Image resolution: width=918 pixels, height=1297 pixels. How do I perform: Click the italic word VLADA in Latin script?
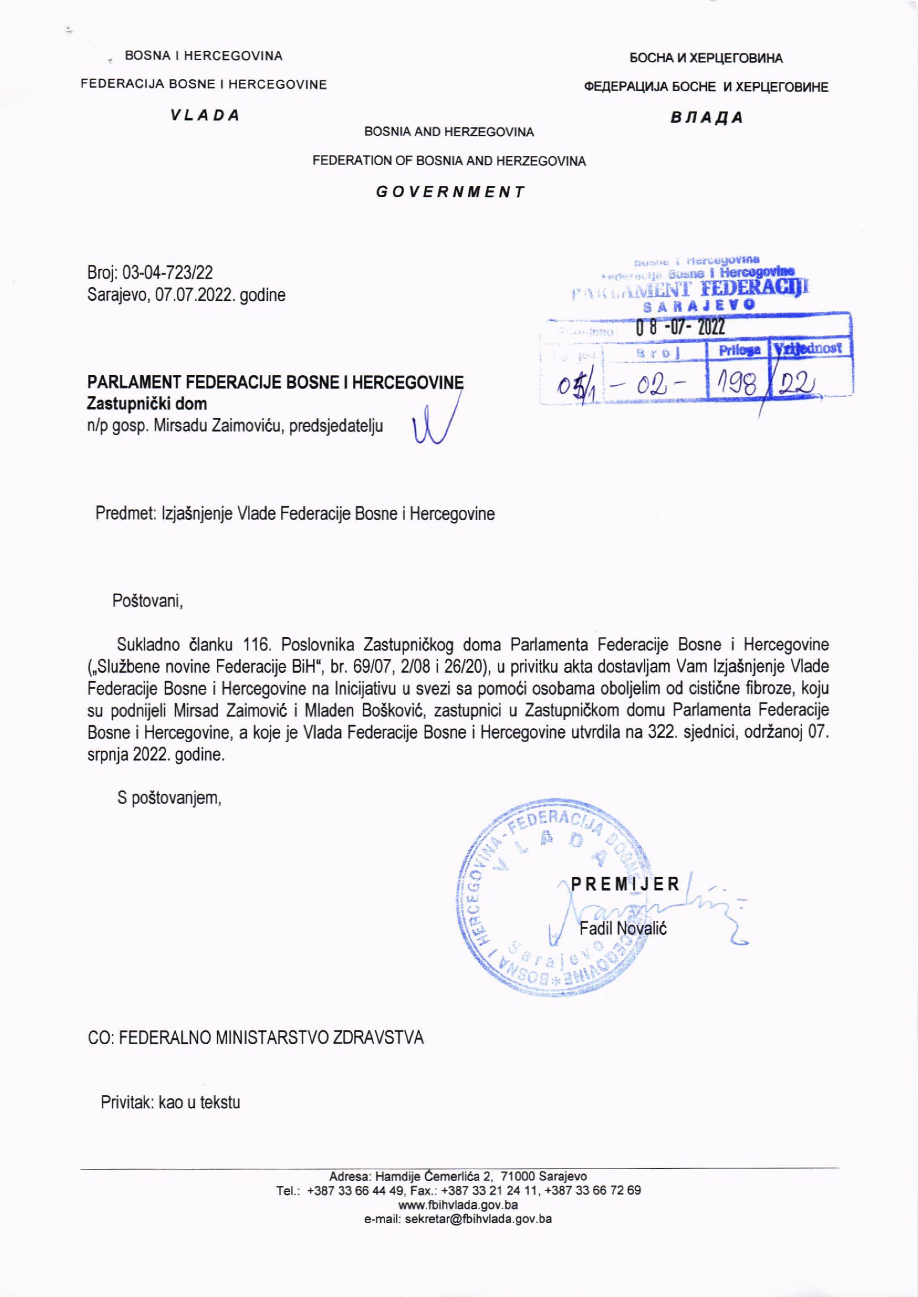tap(205, 115)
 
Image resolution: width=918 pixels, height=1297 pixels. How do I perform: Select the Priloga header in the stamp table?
tap(739, 351)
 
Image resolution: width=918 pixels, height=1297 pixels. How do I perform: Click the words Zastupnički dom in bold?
tap(147, 404)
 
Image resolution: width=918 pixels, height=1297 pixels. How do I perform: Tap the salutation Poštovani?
tap(148, 600)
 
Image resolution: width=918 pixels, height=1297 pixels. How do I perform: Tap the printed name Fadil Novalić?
tap(623, 928)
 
